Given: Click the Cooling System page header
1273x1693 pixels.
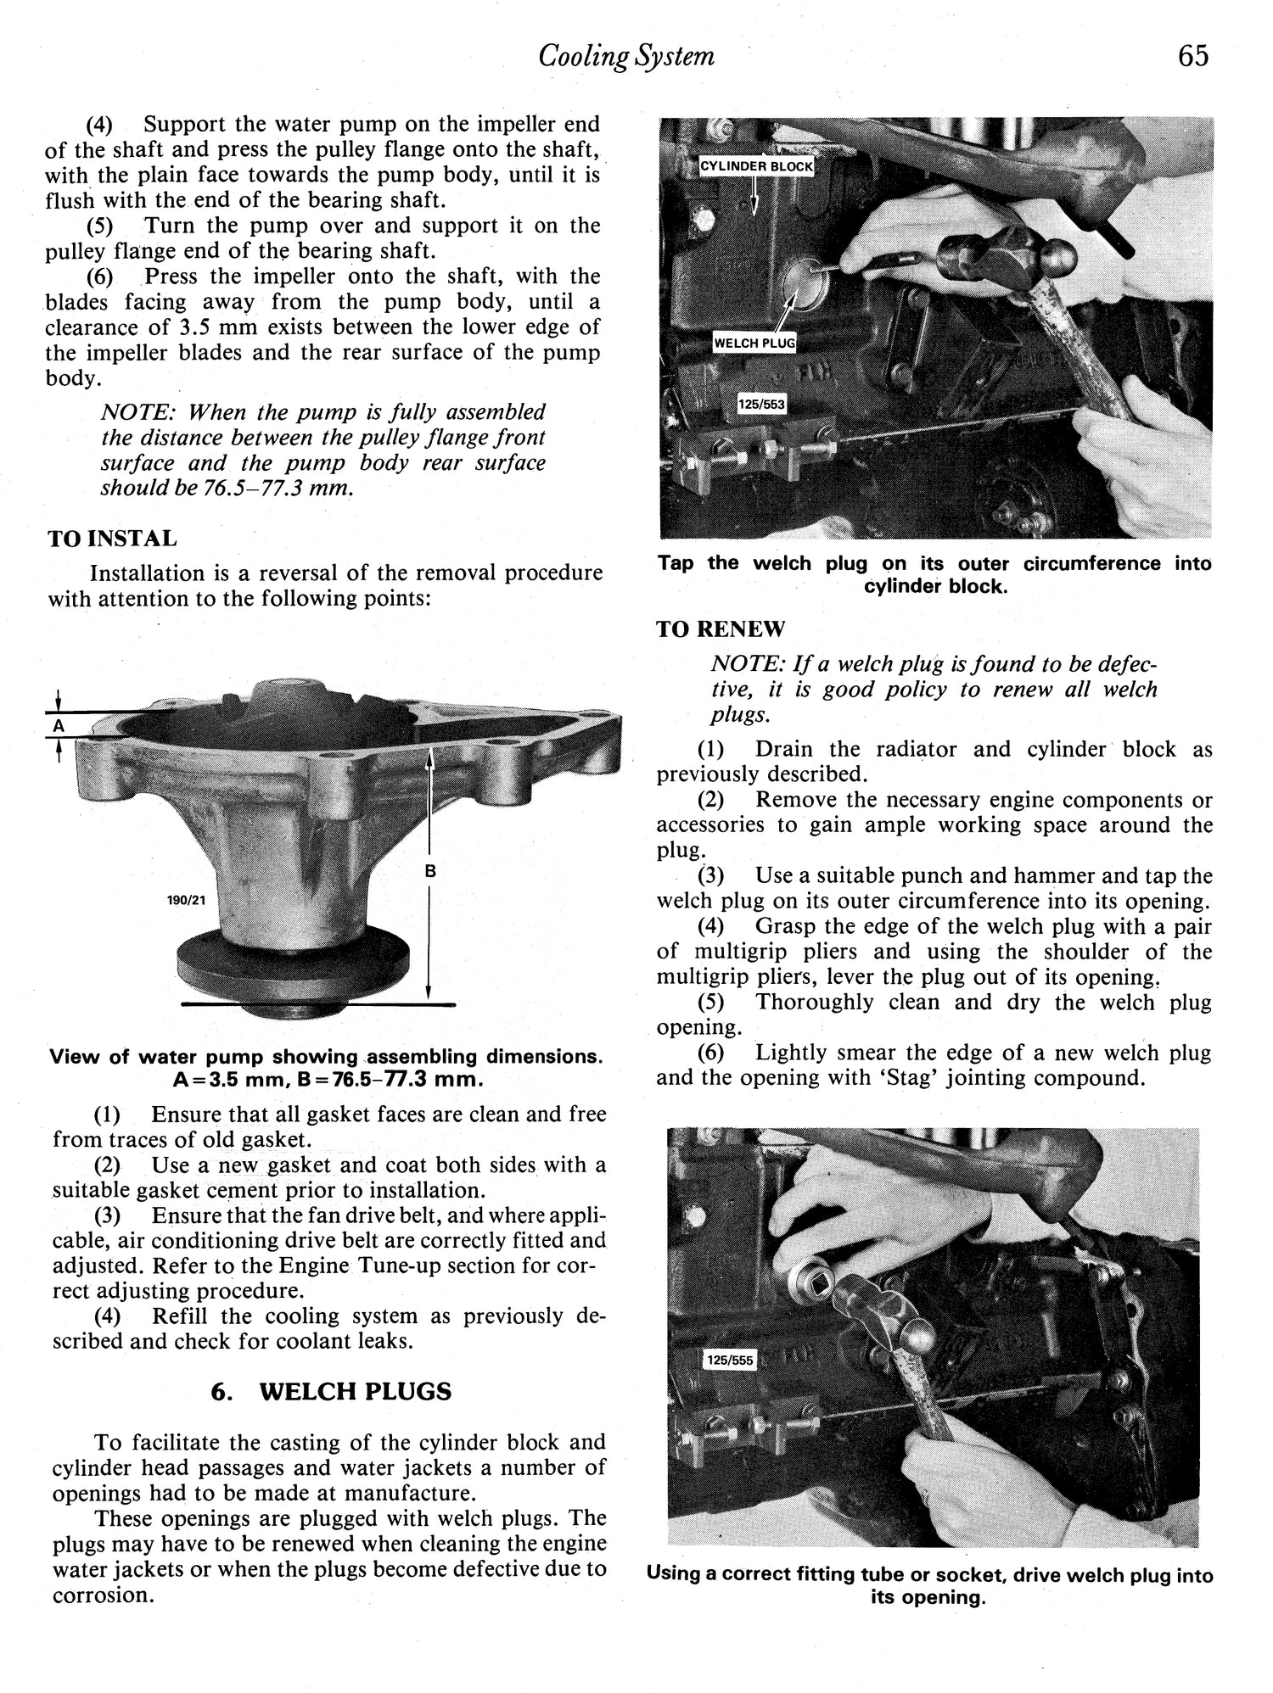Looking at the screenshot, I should (x=626, y=56).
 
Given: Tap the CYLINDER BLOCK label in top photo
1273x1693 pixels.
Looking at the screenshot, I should (x=755, y=166).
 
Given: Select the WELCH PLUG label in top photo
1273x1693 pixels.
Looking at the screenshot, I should (x=754, y=344).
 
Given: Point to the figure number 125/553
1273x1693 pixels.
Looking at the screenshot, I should (x=761, y=405).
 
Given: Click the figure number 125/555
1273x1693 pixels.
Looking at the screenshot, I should (x=729, y=1361).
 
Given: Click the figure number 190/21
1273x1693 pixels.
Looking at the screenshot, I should (x=187, y=901).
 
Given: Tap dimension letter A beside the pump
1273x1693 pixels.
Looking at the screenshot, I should (x=58, y=726).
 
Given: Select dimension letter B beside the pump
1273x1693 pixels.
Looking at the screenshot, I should (x=430, y=871).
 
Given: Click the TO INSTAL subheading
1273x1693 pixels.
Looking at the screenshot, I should (x=112, y=539).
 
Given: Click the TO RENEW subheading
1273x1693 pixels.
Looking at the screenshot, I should (x=721, y=629).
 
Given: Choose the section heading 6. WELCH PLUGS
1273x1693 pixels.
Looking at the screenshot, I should (x=331, y=1392).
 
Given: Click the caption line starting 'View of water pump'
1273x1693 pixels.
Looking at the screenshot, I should (x=327, y=1057).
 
